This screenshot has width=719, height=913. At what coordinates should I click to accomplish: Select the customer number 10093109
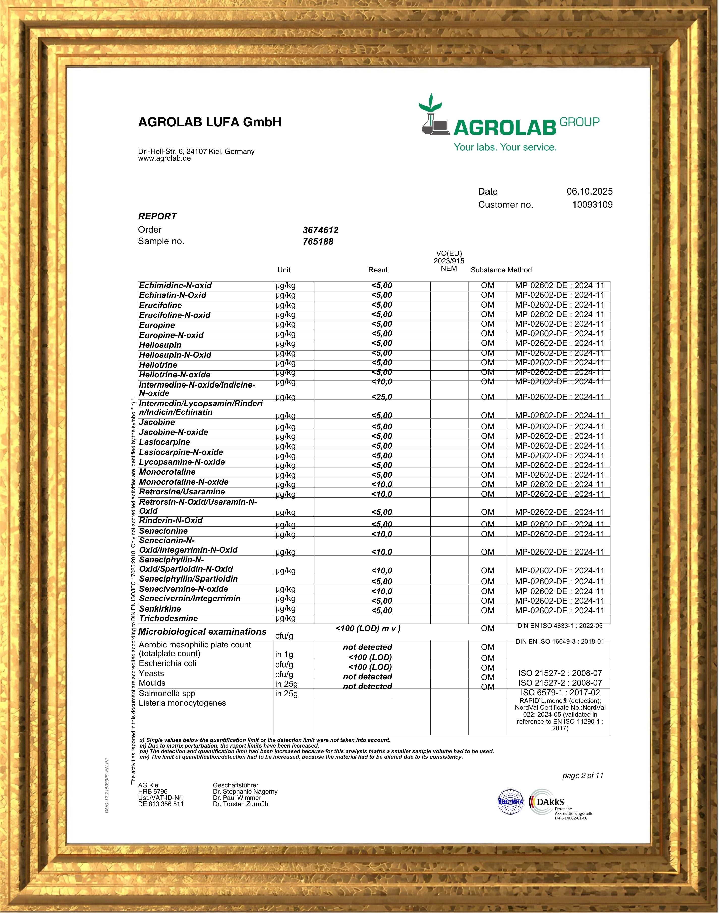point(592,205)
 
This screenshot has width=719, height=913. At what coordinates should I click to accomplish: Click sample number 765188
point(318,242)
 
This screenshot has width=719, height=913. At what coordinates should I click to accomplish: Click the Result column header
point(379,270)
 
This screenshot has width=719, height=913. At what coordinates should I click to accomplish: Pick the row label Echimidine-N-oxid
point(175,286)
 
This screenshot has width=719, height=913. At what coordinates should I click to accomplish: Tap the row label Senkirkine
point(160,608)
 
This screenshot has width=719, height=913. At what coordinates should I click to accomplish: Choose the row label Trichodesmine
point(168,618)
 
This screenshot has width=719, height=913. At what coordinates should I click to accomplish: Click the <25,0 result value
point(381,397)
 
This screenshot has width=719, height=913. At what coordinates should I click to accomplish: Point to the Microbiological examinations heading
point(202,632)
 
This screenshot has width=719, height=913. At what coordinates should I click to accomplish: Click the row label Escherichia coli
point(167,663)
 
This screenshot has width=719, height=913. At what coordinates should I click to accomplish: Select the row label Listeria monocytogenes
point(182,703)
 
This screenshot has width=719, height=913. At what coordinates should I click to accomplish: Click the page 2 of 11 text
point(583,776)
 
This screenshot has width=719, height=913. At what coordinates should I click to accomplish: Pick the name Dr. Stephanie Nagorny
point(245,791)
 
